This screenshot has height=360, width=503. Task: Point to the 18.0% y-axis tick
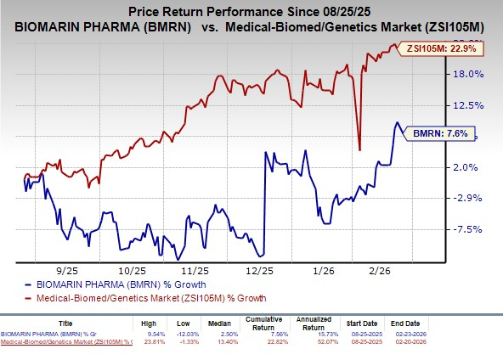pyautogui.click(x=468, y=74)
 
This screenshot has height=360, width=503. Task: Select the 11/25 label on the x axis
pyautogui.click(x=197, y=267)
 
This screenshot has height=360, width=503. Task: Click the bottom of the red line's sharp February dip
pyautogui.click(x=360, y=150)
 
